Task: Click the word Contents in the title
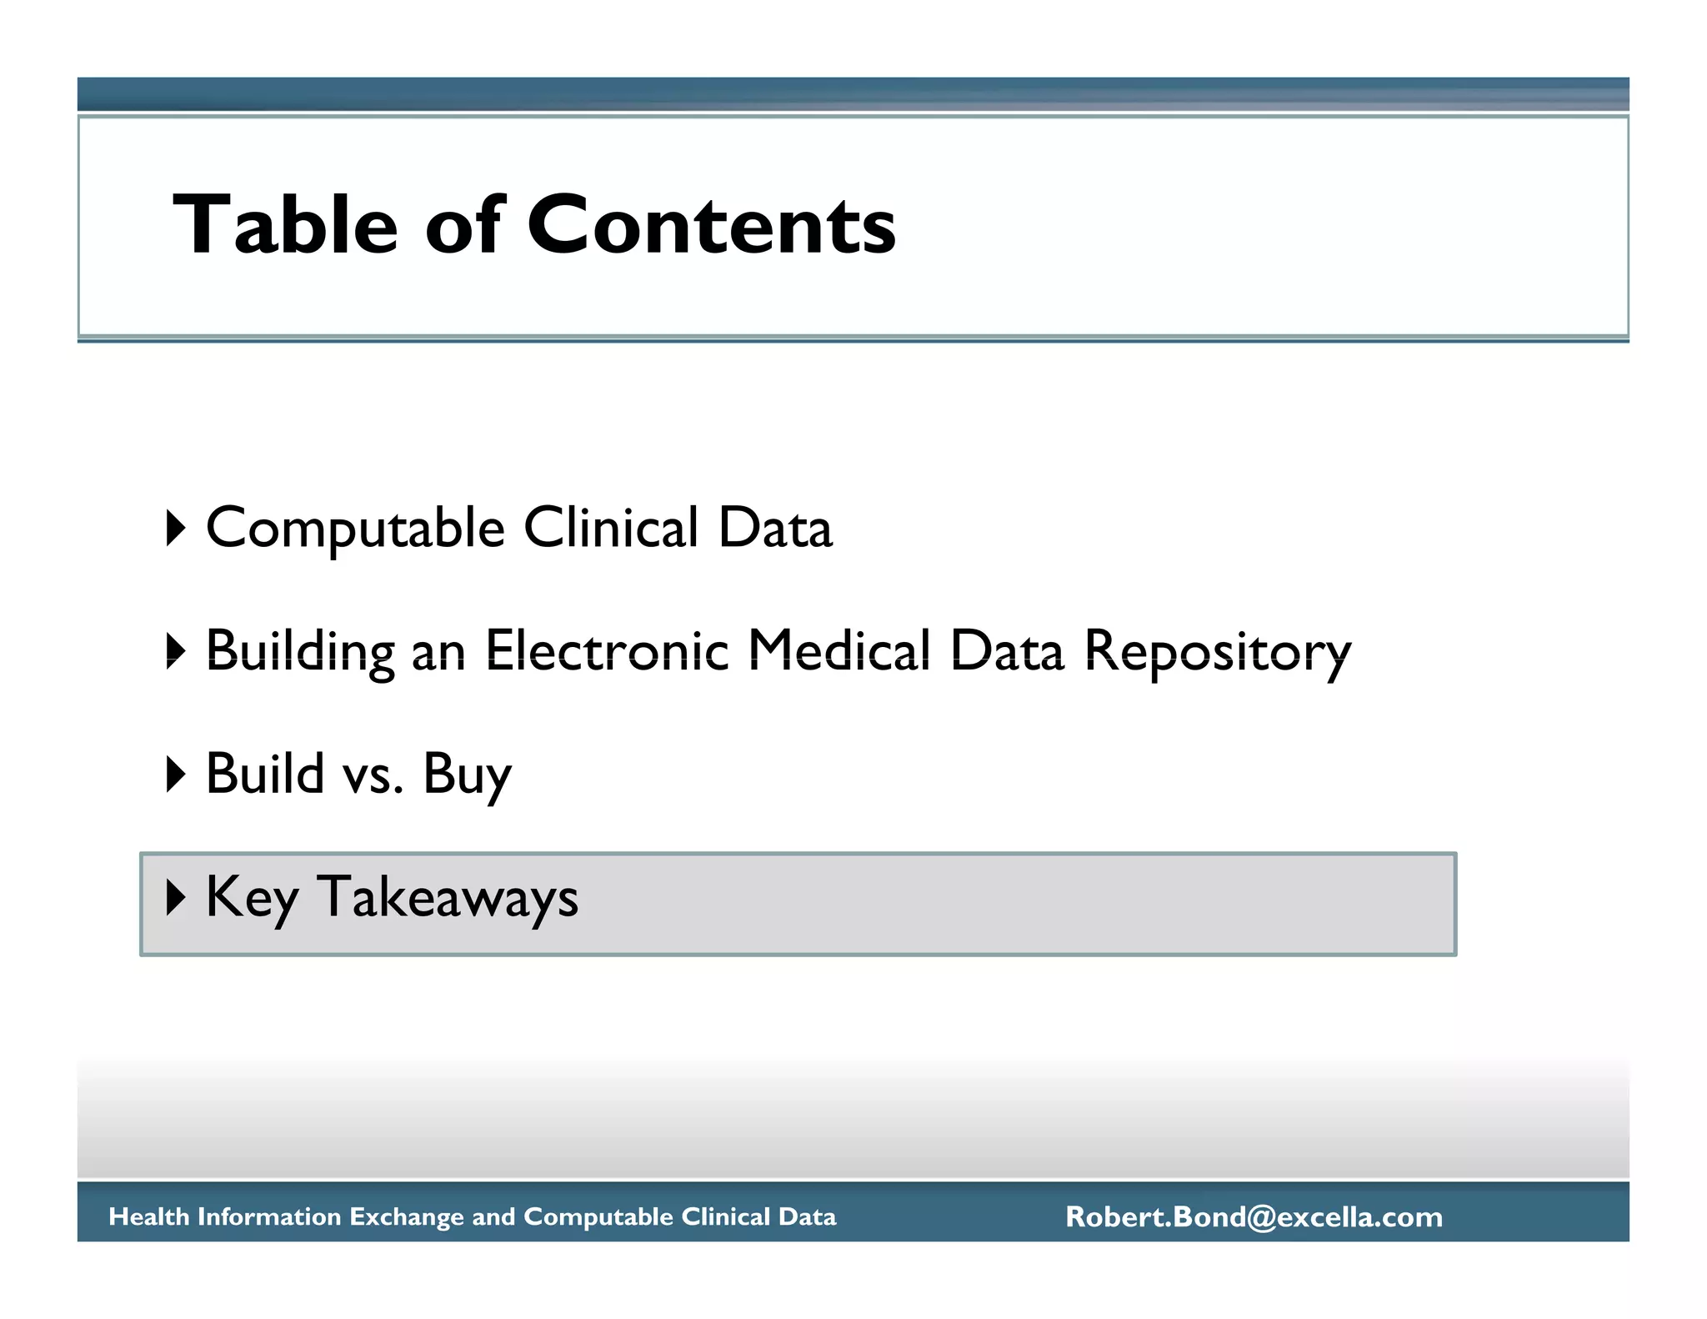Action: pos(711,224)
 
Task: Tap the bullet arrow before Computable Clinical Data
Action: pos(175,529)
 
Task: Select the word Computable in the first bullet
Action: pos(355,529)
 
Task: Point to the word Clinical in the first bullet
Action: pos(611,527)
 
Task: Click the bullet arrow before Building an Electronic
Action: pos(175,651)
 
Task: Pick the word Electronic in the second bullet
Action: pos(607,650)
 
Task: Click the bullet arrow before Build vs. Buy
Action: pos(175,774)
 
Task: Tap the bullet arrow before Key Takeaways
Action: pos(175,897)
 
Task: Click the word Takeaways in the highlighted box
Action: pos(448,898)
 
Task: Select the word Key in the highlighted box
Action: pos(252,898)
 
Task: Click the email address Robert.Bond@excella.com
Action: pos(1254,1216)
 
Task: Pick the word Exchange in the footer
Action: pos(406,1216)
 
